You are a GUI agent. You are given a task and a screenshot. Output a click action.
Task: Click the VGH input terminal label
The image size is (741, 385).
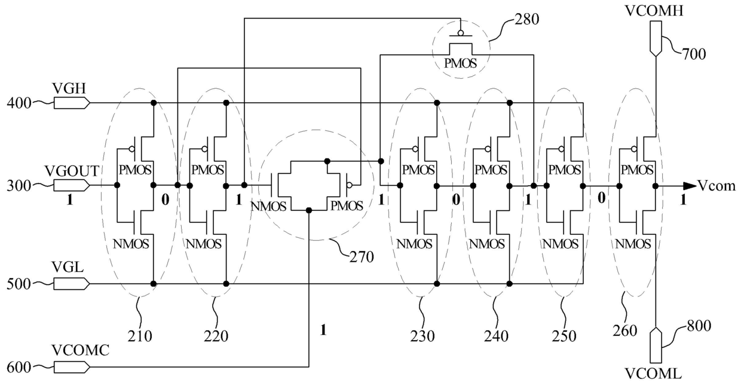point(69,88)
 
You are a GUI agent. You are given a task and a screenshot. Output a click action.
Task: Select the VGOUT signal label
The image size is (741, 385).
point(72,171)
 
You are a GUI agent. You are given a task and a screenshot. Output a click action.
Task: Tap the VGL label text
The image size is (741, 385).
point(68,267)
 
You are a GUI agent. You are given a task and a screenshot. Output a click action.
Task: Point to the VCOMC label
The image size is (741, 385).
point(81,350)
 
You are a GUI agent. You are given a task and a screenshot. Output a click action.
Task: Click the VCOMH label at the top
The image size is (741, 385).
point(654,11)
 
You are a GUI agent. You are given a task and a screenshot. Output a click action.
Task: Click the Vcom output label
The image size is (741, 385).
point(716,186)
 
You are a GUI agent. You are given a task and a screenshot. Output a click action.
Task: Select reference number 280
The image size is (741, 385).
point(526,20)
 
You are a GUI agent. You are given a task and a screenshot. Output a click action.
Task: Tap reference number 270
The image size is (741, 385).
point(362,257)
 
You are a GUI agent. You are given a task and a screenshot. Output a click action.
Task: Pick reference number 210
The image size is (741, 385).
point(140,337)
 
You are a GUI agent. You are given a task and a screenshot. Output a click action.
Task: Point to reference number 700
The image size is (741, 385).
point(694,54)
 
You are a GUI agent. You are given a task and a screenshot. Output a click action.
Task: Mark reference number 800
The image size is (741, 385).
point(699,326)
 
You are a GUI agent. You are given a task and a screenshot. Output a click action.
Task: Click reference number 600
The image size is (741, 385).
point(19,368)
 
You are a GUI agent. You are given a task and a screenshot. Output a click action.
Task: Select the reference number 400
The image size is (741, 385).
point(19,103)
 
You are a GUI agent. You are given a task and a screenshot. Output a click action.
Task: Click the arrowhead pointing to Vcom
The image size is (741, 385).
point(690,186)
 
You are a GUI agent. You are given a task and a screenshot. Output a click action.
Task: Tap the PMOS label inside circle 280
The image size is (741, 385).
point(460,63)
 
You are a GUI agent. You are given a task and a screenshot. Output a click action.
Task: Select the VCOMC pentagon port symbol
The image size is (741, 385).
point(72,367)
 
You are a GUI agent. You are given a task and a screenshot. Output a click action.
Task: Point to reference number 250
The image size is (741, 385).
point(564,337)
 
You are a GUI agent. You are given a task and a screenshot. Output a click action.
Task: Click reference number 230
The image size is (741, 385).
point(422,337)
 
